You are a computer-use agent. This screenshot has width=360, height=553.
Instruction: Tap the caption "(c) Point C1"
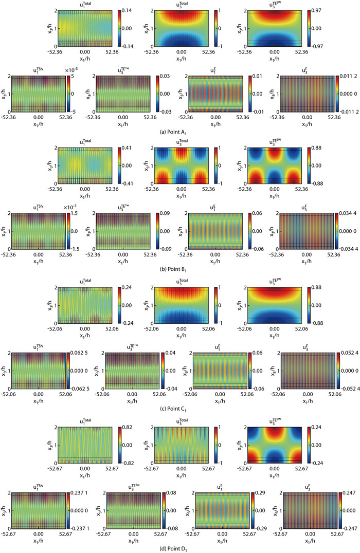(181, 408)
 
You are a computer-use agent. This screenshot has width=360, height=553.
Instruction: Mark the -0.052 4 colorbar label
(348, 388)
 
